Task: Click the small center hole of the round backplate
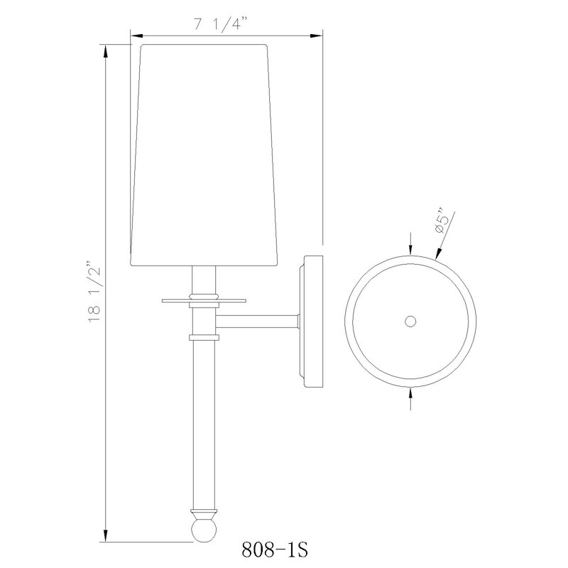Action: pyautogui.click(x=410, y=322)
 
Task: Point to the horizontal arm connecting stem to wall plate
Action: pyautogui.click(x=259, y=322)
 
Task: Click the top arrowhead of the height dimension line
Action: pyautogui.click(x=106, y=51)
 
